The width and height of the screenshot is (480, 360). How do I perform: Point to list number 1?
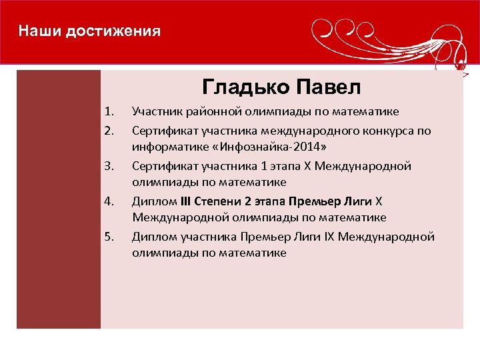110,111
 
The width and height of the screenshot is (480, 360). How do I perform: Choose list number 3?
110,165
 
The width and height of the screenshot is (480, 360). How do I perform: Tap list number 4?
110,201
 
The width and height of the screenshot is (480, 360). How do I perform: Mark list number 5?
110,236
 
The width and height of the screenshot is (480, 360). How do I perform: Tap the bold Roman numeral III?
186,201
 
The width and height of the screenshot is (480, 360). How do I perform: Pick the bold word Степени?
221,201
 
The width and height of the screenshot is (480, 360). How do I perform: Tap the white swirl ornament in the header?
387,37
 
